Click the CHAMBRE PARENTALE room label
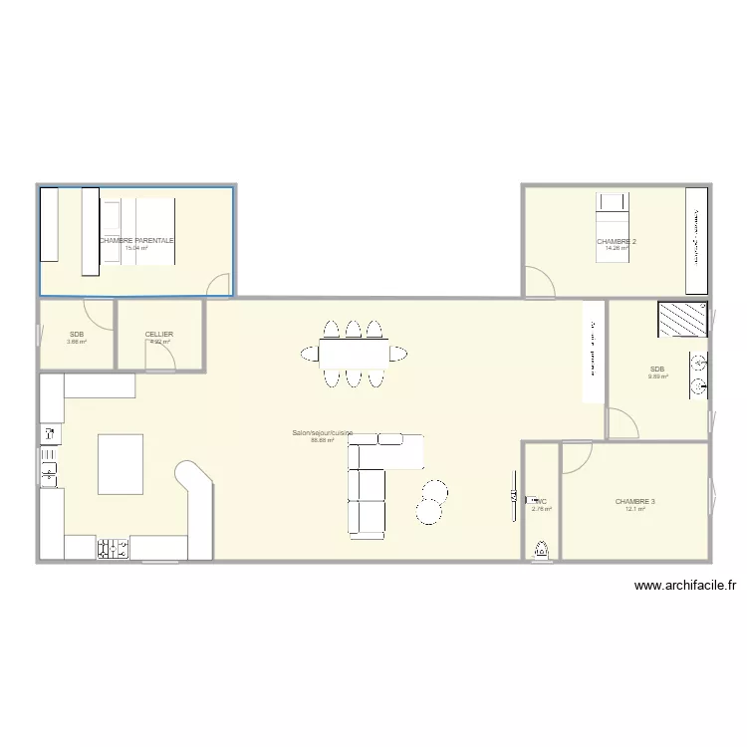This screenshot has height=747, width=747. point(136,241)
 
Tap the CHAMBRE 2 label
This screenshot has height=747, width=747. point(617,242)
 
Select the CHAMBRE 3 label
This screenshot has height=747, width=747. point(634,502)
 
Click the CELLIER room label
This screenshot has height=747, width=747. point(159,335)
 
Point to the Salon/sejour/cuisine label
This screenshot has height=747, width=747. point(322,433)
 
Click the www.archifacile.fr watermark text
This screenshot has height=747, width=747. point(684,587)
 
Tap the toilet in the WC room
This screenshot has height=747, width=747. point(542,549)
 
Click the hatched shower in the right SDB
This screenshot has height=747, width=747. point(681,320)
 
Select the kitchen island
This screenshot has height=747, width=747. point(120,463)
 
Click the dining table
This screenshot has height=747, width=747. point(354,353)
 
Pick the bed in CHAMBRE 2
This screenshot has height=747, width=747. point(611,227)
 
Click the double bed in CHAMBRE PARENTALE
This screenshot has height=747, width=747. point(146,231)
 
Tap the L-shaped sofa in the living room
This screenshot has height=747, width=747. point(372,478)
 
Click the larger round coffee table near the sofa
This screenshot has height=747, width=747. point(428,510)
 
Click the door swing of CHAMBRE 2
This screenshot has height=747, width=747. point(539,282)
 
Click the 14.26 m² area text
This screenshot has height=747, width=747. point(617,249)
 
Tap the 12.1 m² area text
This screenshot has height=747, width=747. point(634,510)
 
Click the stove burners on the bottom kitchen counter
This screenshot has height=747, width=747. point(113,548)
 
